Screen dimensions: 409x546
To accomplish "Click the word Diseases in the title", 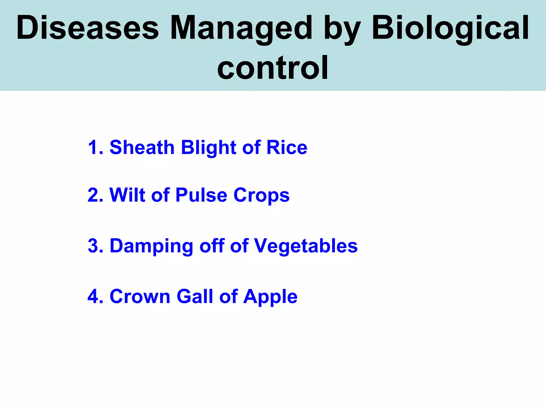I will pos(87,28).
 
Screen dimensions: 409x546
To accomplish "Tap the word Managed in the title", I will pos(241,28).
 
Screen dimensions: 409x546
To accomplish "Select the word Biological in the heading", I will pos(450,28).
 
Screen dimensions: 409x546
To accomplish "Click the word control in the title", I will pos(272,68).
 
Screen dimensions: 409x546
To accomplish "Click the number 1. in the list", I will pos(95,147).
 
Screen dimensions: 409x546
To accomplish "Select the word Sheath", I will pos(142,147).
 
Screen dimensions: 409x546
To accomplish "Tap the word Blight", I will pos(208,147).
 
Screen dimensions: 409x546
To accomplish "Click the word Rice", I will pos(287,147).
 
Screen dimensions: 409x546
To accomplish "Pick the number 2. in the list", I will pos(95,195).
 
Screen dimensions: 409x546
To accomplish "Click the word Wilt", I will pos(127,195).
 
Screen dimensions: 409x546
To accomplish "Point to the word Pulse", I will pos(201,195).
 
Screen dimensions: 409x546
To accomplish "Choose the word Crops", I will pos(261,195).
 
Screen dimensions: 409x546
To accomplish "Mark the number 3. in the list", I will pos(95,246).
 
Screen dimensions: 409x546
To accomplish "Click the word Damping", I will pos(151,246).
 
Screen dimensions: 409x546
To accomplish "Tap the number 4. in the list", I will pos(95,296).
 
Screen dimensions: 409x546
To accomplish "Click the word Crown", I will pos(140,296).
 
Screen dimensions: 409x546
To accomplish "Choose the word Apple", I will pos(270,296).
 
